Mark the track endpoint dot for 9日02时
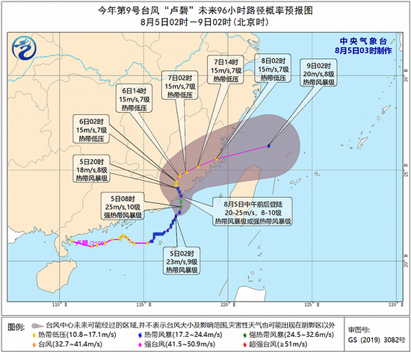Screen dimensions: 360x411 tap(268, 146)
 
